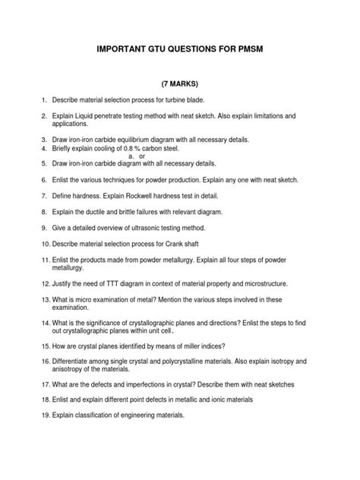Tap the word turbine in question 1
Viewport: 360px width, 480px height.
tap(178, 99)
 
